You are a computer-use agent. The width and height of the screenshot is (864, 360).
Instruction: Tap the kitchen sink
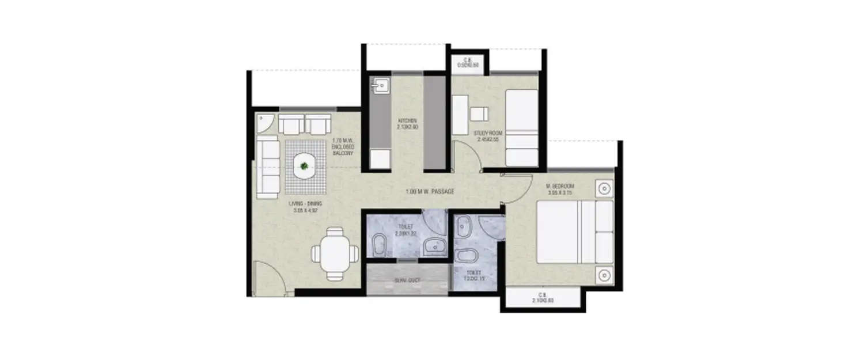click(380, 86)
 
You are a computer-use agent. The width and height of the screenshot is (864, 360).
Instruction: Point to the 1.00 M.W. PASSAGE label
click(429, 191)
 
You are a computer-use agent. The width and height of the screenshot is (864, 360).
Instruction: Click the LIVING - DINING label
click(306, 207)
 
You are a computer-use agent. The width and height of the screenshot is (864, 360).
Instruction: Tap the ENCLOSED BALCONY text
click(343, 147)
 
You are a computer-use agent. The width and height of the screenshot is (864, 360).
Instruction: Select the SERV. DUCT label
click(407, 281)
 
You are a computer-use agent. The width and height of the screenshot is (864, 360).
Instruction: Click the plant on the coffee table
click(304, 168)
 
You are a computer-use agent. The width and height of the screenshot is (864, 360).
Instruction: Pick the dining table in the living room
click(331, 253)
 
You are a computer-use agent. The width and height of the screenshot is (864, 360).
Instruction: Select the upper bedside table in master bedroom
click(604, 188)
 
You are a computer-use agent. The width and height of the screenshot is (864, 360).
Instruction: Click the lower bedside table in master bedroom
click(604, 274)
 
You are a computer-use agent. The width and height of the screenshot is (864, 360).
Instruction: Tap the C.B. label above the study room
click(468, 62)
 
